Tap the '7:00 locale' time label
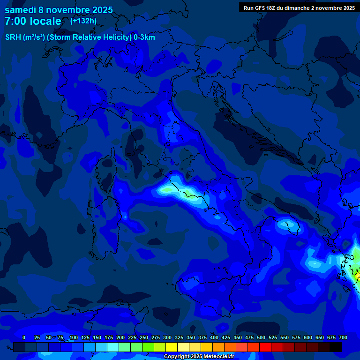click(x=33, y=21)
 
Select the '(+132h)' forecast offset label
click(x=83, y=21)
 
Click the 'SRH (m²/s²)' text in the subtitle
click(x=25, y=37)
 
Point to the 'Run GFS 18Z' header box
click(x=299, y=7)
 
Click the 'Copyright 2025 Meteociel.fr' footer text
click(x=202, y=356)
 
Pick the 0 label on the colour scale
click(x=24, y=337)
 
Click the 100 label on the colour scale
click(x=74, y=337)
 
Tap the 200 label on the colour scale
click(x=120, y=337)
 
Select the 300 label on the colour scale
click(x=167, y=337)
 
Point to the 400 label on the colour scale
click(x=214, y=337)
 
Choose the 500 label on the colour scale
click(x=261, y=337)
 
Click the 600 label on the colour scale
click(x=308, y=337)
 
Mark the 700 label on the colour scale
click(x=343, y=337)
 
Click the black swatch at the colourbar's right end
click(x=336, y=347)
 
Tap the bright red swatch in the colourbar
click(x=265, y=347)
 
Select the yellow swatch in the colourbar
click(x=172, y=347)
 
